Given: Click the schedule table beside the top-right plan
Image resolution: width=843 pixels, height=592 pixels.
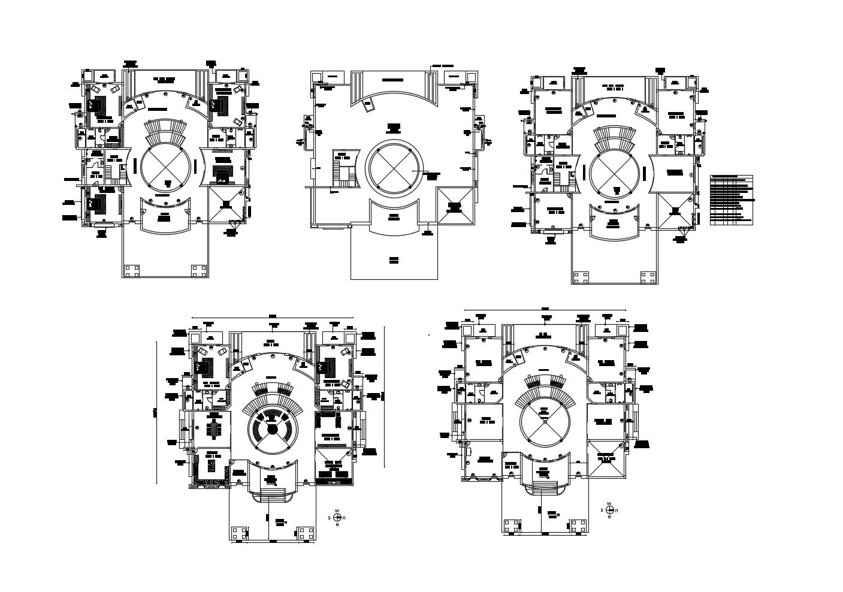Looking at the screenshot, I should [x=731, y=200].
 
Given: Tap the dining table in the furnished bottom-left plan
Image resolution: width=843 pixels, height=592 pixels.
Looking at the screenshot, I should [x=214, y=429].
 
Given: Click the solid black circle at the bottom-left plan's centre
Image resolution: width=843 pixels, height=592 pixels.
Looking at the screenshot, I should [x=272, y=430].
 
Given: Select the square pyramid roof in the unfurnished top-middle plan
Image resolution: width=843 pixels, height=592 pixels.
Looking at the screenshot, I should [x=455, y=206].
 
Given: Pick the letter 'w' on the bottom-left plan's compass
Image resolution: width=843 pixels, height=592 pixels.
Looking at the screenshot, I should [x=337, y=511].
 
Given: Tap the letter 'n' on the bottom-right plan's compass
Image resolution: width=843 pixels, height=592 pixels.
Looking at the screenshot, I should [x=617, y=511].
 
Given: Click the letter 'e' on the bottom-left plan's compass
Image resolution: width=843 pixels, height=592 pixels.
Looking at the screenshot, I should [x=337, y=524].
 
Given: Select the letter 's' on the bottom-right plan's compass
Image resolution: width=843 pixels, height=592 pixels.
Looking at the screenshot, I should [x=602, y=511].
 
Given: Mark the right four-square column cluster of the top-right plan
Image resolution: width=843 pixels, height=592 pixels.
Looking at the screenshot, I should [x=648, y=277].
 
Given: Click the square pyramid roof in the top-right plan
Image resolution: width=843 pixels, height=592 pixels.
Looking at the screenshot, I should [x=675, y=211].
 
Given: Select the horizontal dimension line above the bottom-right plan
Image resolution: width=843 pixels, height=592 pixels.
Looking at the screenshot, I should [x=545, y=312].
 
